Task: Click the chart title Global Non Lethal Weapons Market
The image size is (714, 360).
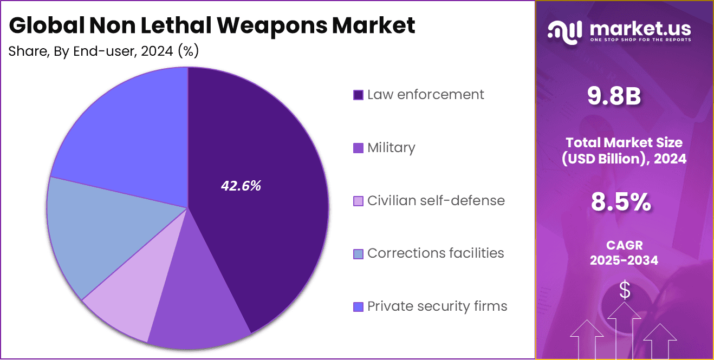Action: point(212,25)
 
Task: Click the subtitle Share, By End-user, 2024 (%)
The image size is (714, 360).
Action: point(103,51)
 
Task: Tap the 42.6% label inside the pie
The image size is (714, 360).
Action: point(241,186)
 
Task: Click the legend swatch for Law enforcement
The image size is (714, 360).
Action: point(358,95)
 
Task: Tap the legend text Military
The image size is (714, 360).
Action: point(391,148)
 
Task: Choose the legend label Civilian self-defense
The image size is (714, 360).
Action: point(436,201)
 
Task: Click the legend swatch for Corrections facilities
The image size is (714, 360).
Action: point(358,254)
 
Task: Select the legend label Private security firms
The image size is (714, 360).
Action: point(437,306)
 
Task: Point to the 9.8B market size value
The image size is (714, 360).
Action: point(614,97)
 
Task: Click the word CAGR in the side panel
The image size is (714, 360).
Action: point(624,245)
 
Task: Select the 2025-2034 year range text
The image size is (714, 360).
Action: point(624,260)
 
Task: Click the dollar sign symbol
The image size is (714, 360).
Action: point(625,291)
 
